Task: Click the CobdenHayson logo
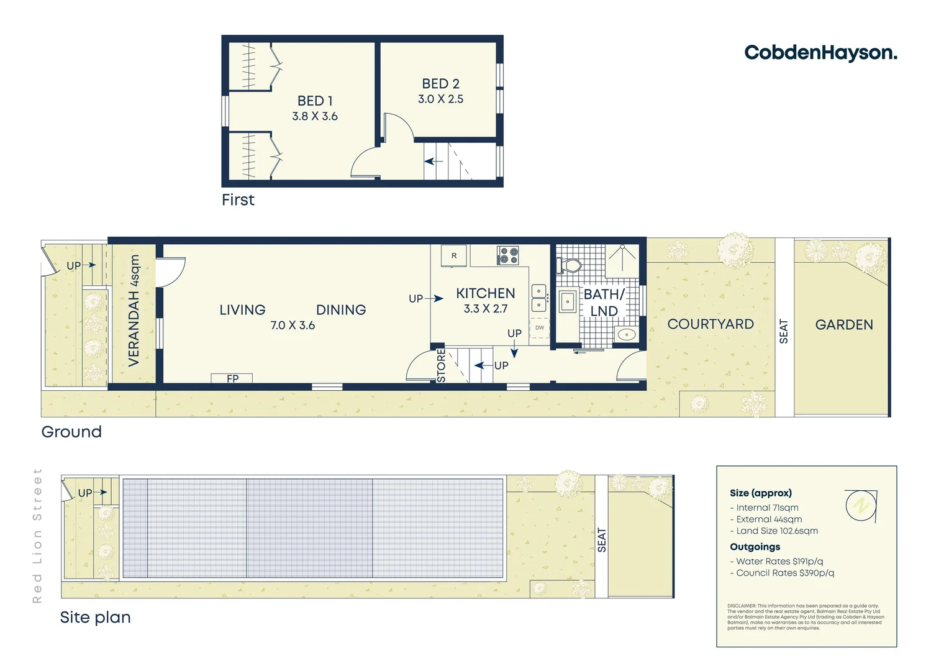coord(820,53)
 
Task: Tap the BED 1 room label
coord(315,101)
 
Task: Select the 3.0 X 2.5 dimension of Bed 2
coord(440,99)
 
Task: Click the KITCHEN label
coord(486,293)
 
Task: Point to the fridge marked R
coord(454,256)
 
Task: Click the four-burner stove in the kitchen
coord(508,255)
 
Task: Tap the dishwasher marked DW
coord(540,327)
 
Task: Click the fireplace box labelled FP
coord(232,378)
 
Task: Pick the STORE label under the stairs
coord(441,366)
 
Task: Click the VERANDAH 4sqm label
coord(134,311)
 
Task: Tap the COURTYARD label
coord(711,324)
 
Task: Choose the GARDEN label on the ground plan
coord(844,325)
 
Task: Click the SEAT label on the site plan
coord(601,540)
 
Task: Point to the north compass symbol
coord(861,505)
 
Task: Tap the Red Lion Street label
coord(37,536)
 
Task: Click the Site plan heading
coord(95,617)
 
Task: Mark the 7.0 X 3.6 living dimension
coord(293,325)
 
